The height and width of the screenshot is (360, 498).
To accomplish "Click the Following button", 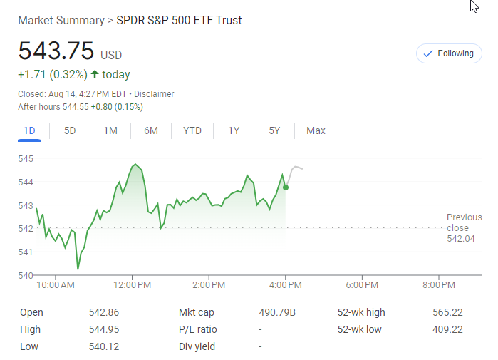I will tap(449, 53).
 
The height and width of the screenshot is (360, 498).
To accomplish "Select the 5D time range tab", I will tap(70, 130).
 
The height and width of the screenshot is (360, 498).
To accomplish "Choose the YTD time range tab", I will tap(192, 130).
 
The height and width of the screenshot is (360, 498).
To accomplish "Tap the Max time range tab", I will tap(316, 130).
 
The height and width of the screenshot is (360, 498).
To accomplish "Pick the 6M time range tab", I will tap(150, 130).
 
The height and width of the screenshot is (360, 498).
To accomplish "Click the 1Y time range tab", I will tap(234, 130).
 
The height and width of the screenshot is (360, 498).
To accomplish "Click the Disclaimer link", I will tap(154, 94).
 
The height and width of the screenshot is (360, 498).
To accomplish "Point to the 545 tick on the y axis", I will tap(26, 158).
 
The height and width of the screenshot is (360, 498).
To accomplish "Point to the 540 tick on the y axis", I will tap(26, 275).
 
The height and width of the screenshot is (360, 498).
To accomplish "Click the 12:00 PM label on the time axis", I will tap(133, 285).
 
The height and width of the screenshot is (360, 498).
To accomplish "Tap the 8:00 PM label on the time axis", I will tap(438, 285).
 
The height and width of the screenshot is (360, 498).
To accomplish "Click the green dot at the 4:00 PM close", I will tap(286, 187).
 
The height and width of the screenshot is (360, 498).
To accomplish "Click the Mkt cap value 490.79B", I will tap(277, 312).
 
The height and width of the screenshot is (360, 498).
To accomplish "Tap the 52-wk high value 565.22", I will tap(447, 312).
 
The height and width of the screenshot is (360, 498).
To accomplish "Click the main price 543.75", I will tap(56, 51).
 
